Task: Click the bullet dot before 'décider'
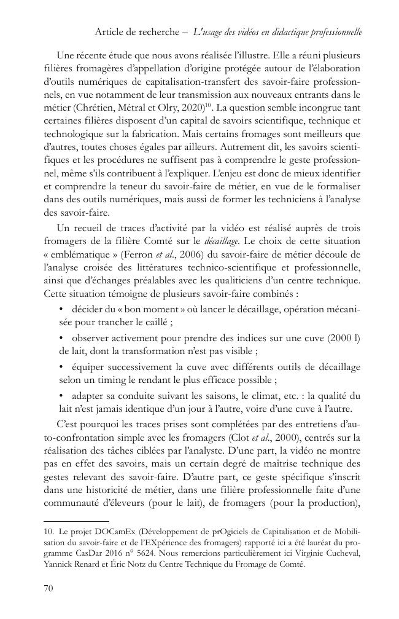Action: (61, 307)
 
